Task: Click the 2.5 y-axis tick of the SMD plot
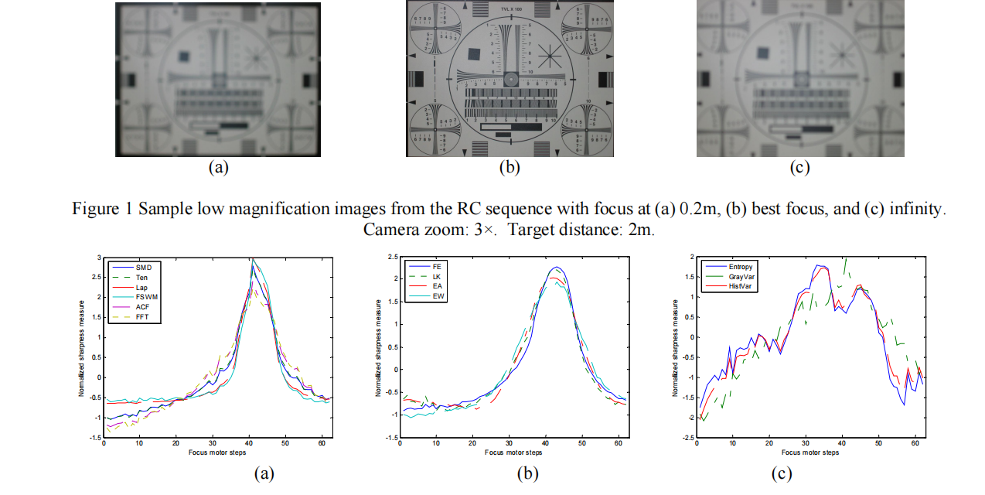(96, 277)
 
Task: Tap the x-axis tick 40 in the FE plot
(546, 444)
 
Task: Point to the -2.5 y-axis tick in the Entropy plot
(688, 438)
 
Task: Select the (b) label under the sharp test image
(509, 167)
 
